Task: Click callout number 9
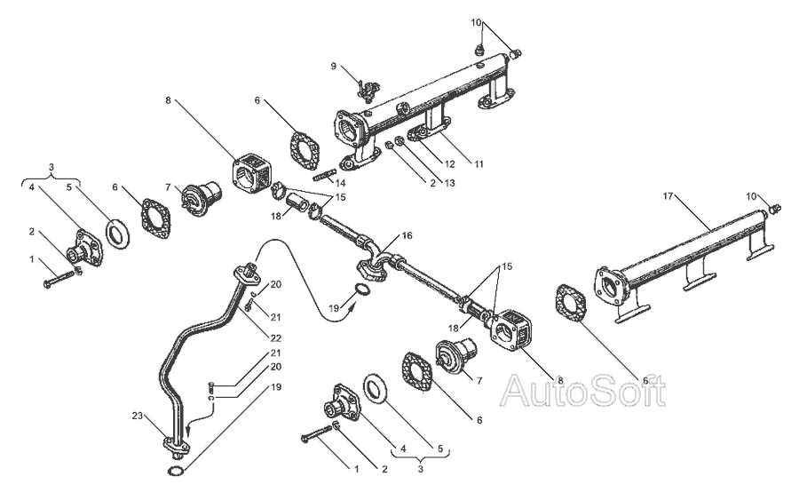tap(335, 66)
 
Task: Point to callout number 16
tap(407, 236)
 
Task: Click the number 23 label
tap(138, 416)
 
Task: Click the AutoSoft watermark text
tap(583, 390)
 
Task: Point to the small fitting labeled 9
tap(364, 86)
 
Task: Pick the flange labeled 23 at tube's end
tap(173, 441)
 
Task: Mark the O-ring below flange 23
tap(177, 470)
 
